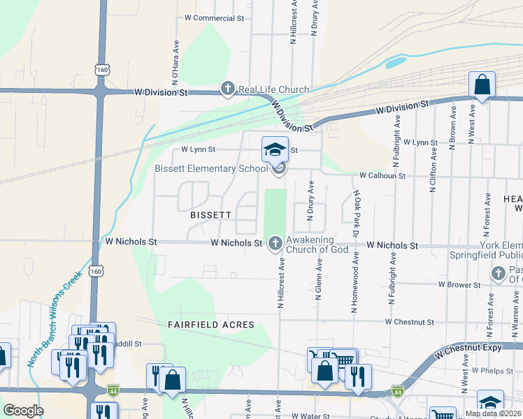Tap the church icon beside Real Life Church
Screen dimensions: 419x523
pos(227,89)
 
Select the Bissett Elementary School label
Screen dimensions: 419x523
pos(211,168)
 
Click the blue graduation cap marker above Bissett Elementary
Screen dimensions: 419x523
pos(275,149)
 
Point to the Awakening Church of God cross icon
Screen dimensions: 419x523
pos(275,243)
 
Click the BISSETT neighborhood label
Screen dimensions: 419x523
pos(210,215)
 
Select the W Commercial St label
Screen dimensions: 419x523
pos(213,17)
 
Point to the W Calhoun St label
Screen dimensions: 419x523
pos(382,176)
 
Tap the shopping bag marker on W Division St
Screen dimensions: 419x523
pos(482,84)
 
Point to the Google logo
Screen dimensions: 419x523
pos(23,411)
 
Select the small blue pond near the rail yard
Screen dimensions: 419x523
pos(395,62)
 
